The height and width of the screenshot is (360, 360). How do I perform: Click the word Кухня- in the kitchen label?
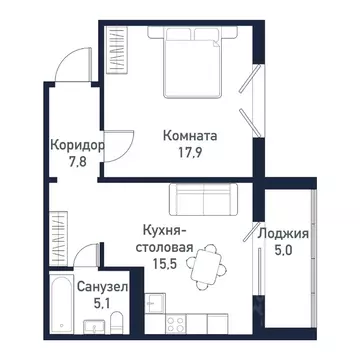pos(166,229)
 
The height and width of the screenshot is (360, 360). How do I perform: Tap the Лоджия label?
pos(283,236)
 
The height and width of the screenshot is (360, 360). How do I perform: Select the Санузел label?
pos(97,285)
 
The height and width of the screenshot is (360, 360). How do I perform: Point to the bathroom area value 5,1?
pos(97,301)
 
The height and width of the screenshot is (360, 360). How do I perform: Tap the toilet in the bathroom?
pos(117,322)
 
